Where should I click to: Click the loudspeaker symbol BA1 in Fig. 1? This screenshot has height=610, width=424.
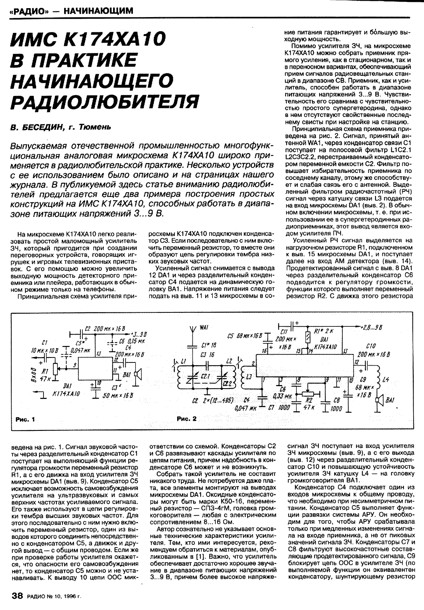click(x=137, y=375)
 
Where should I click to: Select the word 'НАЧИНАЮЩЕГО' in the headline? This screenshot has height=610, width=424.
click(x=90, y=81)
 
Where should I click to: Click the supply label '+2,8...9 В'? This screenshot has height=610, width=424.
click(x=371, y=327)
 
